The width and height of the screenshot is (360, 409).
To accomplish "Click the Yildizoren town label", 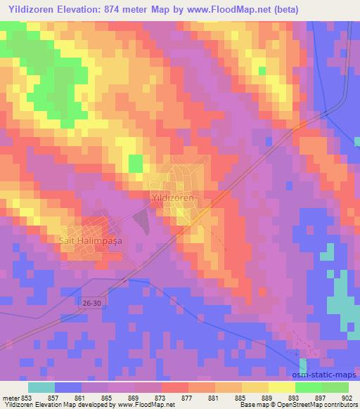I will point(173,199).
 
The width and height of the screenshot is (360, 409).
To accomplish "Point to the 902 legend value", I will point(347,397).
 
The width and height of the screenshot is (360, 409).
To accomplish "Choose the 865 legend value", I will point(108,397).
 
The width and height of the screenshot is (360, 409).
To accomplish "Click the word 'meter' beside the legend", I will point(9,397).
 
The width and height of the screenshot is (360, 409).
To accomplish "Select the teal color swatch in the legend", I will point(41,387).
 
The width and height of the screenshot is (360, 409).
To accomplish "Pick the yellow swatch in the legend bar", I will point(281,387).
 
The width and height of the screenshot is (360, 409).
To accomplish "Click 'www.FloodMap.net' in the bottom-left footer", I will point(147,405).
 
